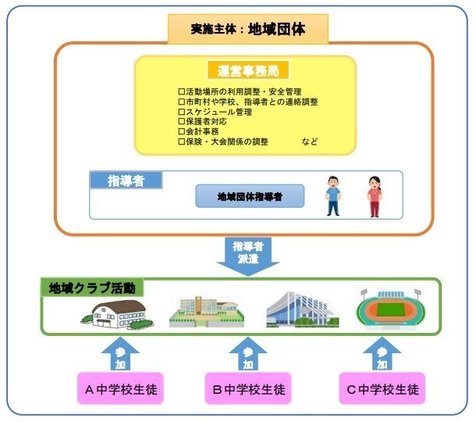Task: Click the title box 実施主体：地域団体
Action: point(248,29)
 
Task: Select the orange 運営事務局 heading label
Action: point(248,70)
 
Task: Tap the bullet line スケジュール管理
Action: point(215,112)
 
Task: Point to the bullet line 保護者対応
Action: point(202,122)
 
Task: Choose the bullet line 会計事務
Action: point(198,131)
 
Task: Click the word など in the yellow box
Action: point(310,141)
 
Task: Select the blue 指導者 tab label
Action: point(126,181)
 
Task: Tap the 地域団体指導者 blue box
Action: point(250,196)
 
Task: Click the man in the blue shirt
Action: point(333,196)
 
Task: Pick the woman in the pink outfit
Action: point(375,197)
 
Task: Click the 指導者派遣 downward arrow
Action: point(248,256)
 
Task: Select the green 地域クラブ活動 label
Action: point(92,288)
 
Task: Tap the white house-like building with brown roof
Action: point(117,314)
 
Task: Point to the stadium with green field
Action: point(390,309)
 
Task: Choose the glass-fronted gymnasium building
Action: point(302,309)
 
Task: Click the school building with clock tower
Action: point(207,311)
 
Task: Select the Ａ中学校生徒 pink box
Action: point(120,388)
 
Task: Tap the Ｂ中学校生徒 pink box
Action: point(248,388)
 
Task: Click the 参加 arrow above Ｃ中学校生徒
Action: point(382,353)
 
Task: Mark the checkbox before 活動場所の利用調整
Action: point(182,91)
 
